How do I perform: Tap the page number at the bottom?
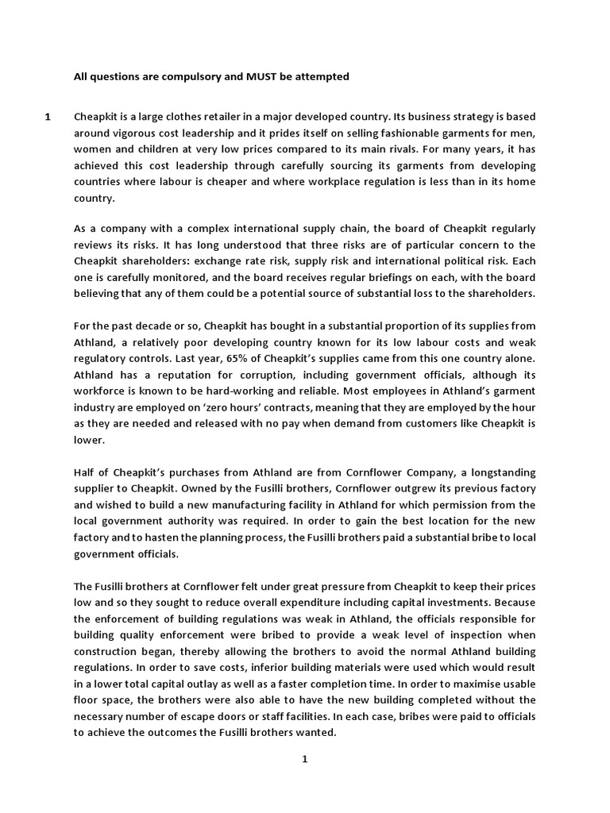(303, 759)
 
